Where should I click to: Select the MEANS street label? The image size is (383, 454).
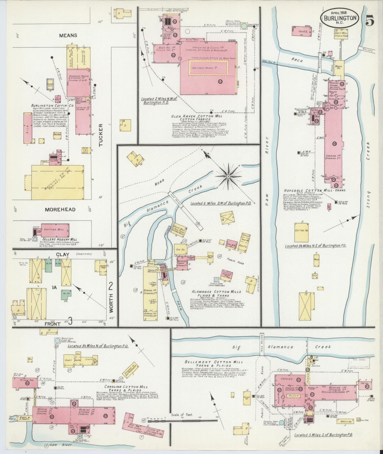tap(68, 35)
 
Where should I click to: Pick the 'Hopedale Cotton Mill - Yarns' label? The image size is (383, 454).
tap(312, 190)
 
